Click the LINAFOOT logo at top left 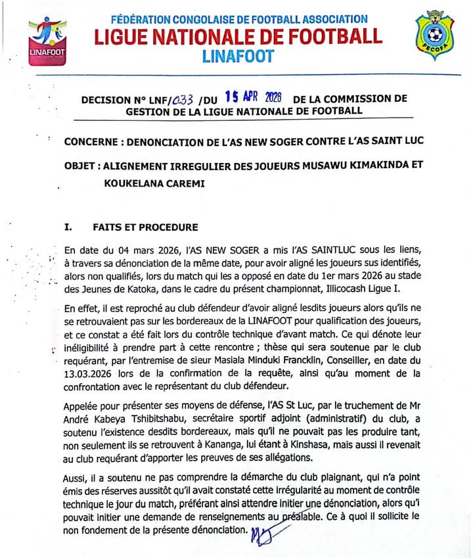point(47,41)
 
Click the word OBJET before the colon point(81,166)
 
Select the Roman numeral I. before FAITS point(67,227)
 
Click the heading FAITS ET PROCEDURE point(146,227)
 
